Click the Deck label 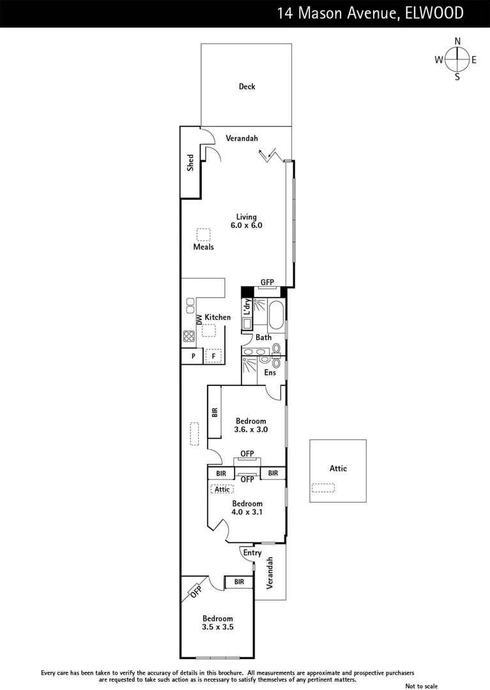click(x=247, y=86)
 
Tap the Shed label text click(x=190, y=164)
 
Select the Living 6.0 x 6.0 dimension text click(x=247, y=225)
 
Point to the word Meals click(x=203, y=247)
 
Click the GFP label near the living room click(x=267, y=282)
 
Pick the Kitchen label click(x=217, y=317)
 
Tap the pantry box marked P click(x=192, y=355)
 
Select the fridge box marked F click(x=213, y=355)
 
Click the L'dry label click(x=247, y=307)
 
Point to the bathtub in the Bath click(x=275, y=316)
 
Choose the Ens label click(x=270, y=372)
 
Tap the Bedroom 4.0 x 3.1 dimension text click(x=247, y=512)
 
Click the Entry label click(x=252, y=553)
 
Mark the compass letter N click(x=457, y=42)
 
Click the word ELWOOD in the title click(x=434, y=13)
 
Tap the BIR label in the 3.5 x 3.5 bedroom click(x=239, y=582)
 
